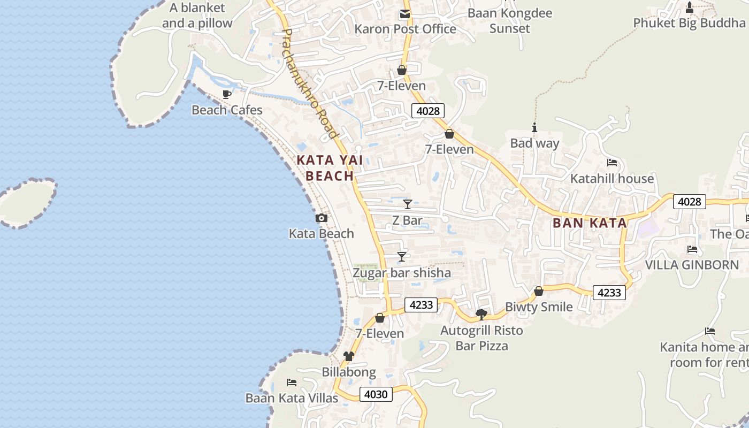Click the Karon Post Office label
[x=406, y=29]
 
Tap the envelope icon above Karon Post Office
[x=405, y=14]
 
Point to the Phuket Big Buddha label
[x=689, y=23]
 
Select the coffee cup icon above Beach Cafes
[x=227, y=95]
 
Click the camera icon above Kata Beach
[x=322, y=218]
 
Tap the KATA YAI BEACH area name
[x=330, y=168]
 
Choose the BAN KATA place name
[x=590, y=223]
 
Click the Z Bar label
[x=407, y=220]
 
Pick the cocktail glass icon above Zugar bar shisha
[x=402, y=257]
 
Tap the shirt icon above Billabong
[x=349, y=356]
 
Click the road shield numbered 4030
[x=376, y=395]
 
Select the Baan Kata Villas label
[x=292, y=398]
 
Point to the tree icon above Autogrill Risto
[x=481, y=315]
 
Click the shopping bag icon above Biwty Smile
[x=539, y=291]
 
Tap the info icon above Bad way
[x=534, y=127]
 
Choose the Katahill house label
[x=612, y=179]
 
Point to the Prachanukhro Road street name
[x=310, y=83]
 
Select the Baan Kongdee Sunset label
[x=509, y=20]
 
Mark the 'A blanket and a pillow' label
[x=197, y=16]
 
